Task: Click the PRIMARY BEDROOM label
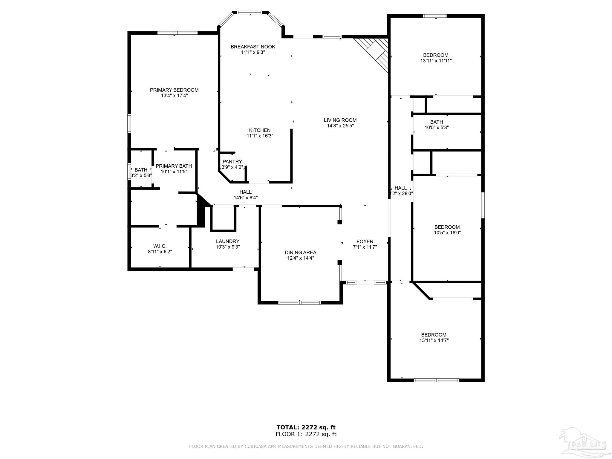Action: coord(174,90)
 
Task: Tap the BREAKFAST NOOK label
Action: coord(253,47)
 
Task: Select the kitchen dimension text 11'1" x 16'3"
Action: coord(260,136)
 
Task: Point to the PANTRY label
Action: coord(232,162)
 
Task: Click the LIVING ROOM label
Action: coord(340,120)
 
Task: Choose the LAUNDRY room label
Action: coord(228,241)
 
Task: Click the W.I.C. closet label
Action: coord(160,246)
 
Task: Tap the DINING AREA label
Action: coord(300,253)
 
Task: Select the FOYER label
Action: coord(365,241)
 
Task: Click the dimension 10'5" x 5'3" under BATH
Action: coord(436,127)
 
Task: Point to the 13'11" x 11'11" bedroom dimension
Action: coord(436,61)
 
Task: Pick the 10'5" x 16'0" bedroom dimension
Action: coord(447,232)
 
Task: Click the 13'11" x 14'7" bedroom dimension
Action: coord(434,340)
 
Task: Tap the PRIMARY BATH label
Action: coord(174,166)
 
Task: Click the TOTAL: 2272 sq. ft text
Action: coord(306,427)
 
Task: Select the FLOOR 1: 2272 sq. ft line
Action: coord(306,434)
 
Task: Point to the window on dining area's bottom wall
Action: coord(299,303)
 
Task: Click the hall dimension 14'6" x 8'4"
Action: coord(245,198)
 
